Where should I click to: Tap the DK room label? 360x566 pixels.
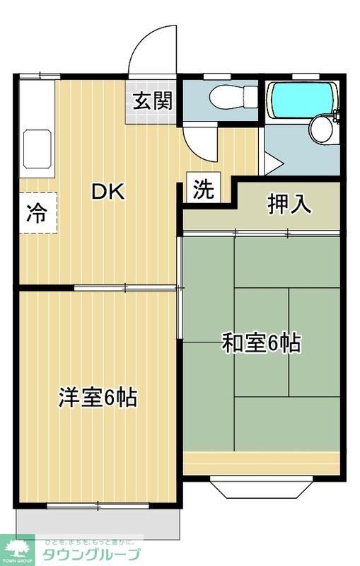tap(107, 192)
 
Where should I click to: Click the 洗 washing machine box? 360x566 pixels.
tap(204, 189)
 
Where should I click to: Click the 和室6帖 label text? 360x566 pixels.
tap(261, 343)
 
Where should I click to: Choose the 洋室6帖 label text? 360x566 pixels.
tap(97, 398)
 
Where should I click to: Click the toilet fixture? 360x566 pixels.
tap(233, 96)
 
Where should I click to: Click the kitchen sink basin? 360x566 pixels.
tap(37, 149)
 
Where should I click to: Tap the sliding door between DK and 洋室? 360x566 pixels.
tap(124, 287)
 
